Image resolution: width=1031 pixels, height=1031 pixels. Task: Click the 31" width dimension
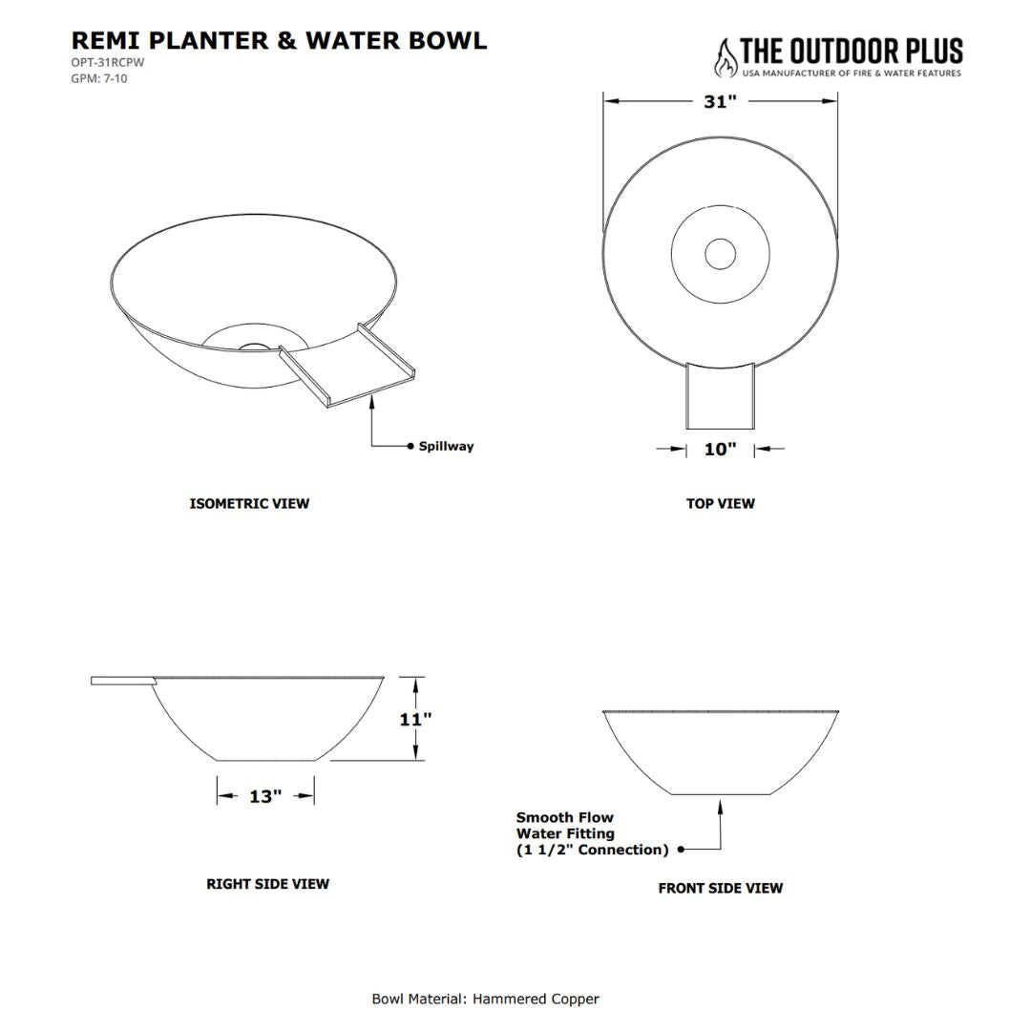(720, 102)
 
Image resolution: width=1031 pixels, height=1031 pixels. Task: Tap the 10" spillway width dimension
(720, 449)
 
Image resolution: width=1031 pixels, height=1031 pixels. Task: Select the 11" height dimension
(415, 720)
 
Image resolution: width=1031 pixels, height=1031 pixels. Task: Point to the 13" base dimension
(265, 796)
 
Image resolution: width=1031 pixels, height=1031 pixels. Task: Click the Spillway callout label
(446, 446)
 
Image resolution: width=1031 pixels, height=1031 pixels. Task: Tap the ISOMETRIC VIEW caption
(249, 504)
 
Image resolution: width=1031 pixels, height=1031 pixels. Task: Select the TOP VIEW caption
(721, 504)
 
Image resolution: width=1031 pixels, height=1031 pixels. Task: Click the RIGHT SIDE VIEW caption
(267, 884)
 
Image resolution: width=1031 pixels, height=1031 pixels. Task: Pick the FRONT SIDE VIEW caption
(721, 889)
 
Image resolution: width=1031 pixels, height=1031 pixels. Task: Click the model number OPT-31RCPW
(108, 63)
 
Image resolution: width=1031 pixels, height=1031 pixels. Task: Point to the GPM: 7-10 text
(99, 79)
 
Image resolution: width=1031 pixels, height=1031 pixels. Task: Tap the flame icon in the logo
(726, 58)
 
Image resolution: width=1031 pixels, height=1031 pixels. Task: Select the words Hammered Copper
(536, 999)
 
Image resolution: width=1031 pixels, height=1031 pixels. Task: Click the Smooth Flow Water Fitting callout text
(592, 833)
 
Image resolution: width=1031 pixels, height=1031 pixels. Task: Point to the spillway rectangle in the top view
(721, 395)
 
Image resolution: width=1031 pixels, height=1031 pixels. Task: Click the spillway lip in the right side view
(123, 681)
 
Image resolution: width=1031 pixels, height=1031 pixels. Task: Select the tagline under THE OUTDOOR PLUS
(852, 73)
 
